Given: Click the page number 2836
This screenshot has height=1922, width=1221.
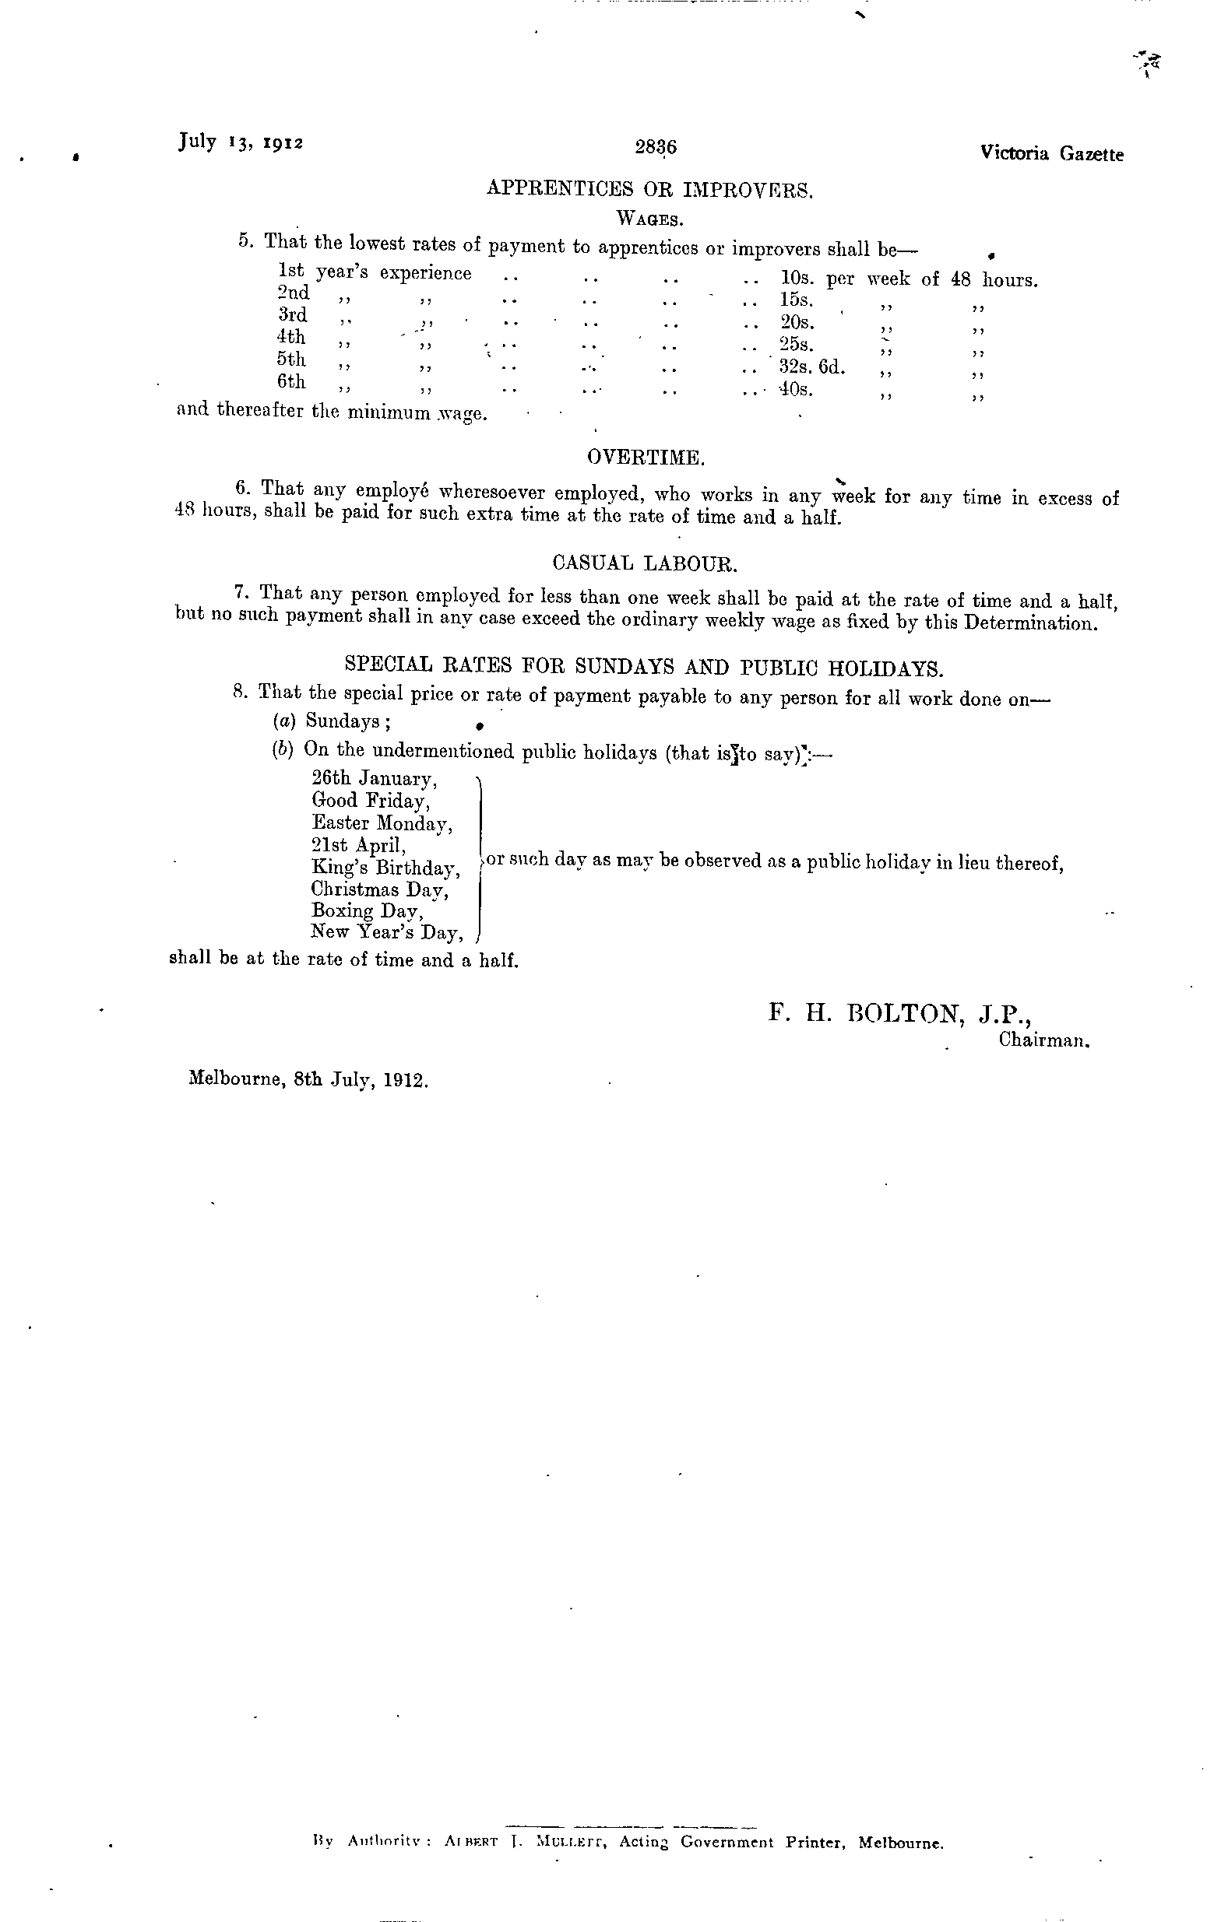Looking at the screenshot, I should point(656,148).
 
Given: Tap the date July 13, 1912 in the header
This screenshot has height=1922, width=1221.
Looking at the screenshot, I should point(241,142).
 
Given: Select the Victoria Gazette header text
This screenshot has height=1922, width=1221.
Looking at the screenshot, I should point(1051,154).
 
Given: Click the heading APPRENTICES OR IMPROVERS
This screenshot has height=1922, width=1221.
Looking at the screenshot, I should point(649,190).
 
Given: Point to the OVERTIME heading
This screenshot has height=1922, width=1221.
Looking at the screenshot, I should point(646,458).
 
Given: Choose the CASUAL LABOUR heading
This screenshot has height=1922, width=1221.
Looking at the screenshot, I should point(645,563).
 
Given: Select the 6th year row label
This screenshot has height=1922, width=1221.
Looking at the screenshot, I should point(291,382).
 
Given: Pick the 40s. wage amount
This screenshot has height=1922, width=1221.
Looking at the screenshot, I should point(796,391).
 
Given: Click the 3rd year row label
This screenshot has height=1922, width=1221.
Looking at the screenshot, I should point(292,315).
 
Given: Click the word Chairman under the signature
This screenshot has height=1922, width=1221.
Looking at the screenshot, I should point(1043,1041).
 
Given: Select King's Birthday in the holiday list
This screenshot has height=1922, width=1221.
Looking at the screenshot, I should point(385,868).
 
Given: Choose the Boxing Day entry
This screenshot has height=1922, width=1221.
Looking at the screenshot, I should point(367,910).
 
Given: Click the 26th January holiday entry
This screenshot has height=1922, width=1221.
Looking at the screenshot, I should point(374,778).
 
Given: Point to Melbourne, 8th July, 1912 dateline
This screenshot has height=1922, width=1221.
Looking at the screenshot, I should point(308,1080).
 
